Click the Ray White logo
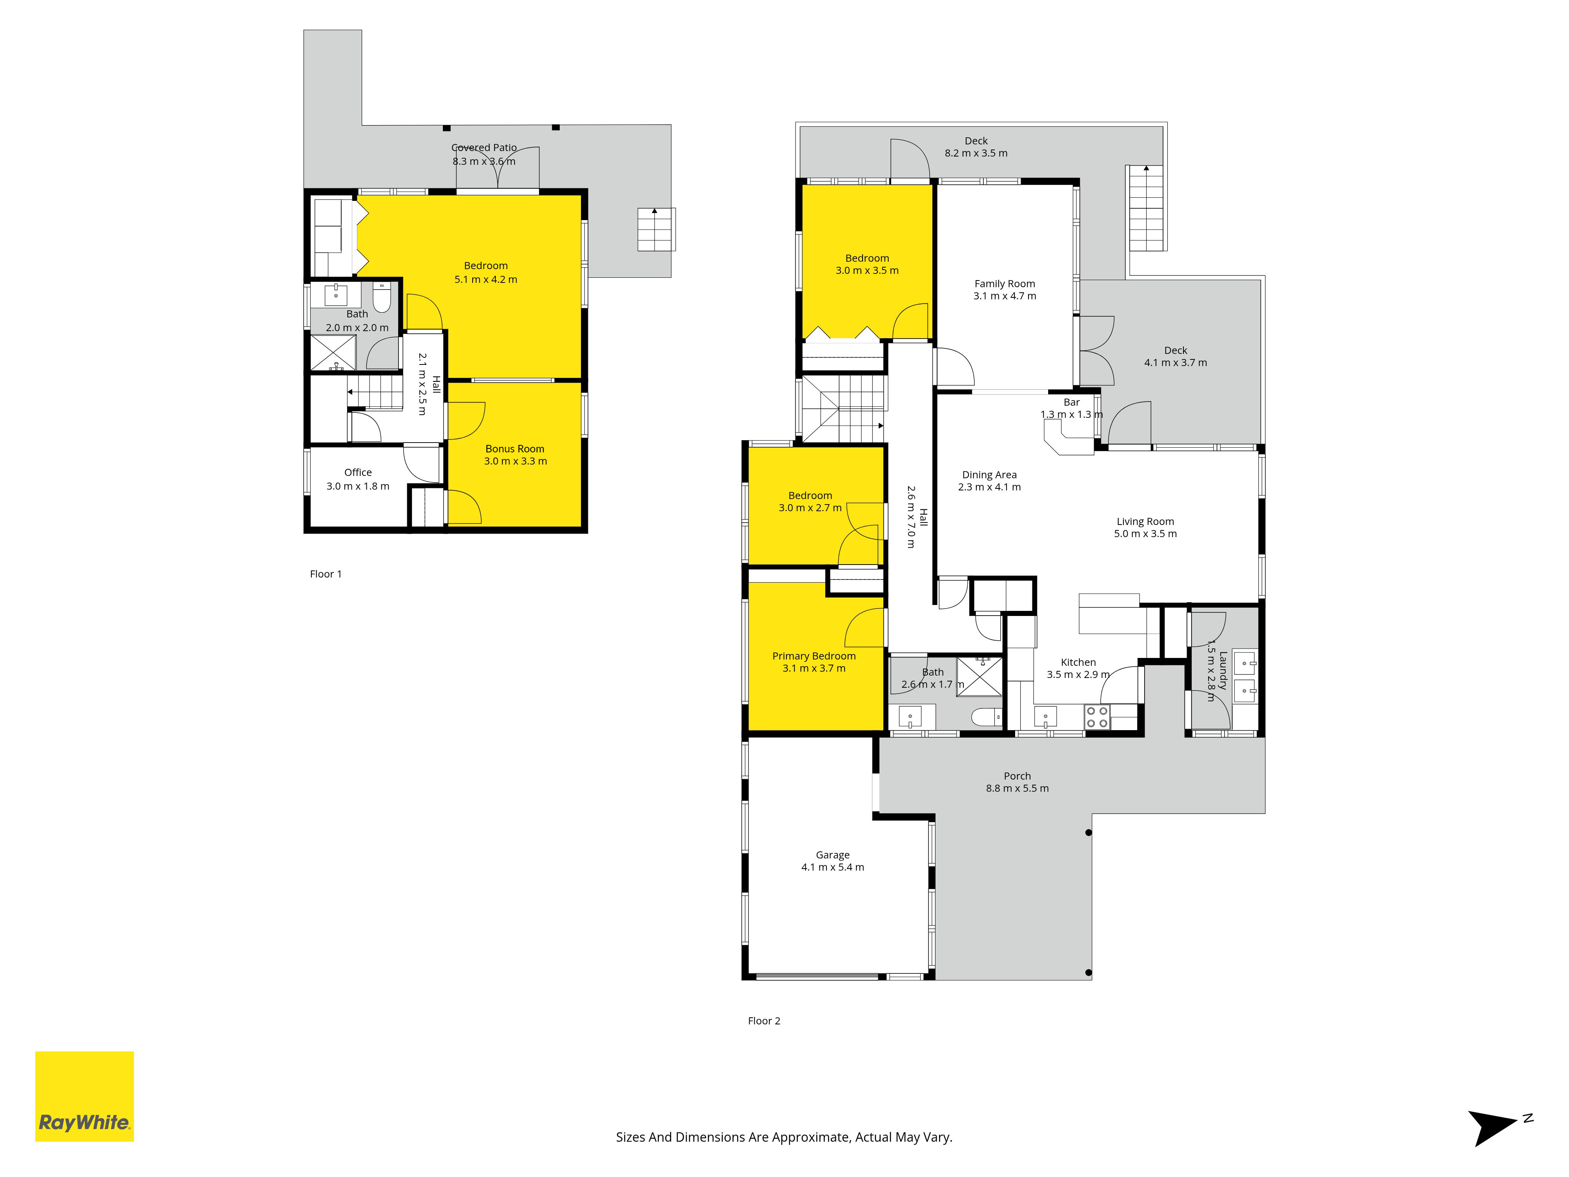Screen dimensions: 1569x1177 click(x=84, y=1096)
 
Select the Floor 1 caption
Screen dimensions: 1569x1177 click(x=326, y=574)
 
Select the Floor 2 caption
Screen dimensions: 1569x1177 click(x=764, y=1021)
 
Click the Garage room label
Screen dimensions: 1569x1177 click(x=833, y=855)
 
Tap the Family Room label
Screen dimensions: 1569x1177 click(x=1005, y=284)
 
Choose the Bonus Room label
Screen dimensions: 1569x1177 click(x=515, y=449)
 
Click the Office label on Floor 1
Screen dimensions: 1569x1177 click(x=358, y=472)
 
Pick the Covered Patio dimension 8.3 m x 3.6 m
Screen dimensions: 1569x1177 click(x=484, y=161)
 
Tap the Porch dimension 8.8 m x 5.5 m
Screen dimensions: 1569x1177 click(x=1017, y=788)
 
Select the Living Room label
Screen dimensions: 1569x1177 click(x=1145, y=521)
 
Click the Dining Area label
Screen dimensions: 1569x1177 click(x=990, y=475)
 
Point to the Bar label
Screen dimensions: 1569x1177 click(x=1072, y=402)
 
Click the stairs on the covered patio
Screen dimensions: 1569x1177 click(x=656, y=229)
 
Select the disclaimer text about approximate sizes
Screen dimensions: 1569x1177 click(x=784, y=1137)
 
